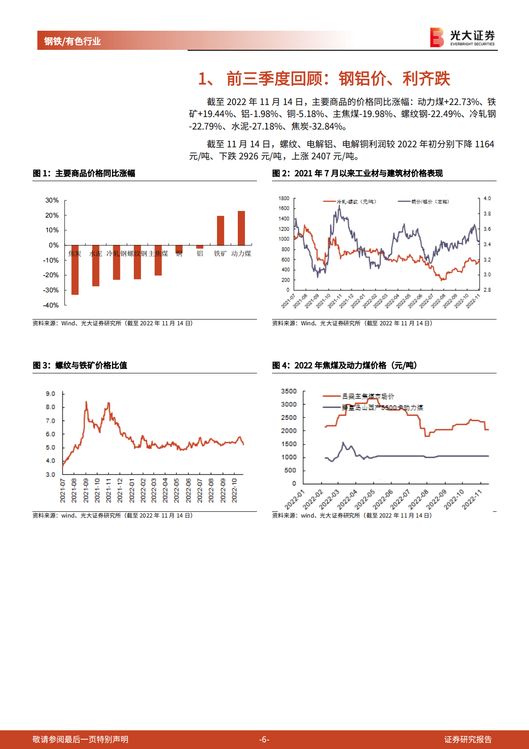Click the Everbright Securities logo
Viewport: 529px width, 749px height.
point(462,37)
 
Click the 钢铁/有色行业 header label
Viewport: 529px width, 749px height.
point(72,41)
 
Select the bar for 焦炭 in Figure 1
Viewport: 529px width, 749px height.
point(75,270)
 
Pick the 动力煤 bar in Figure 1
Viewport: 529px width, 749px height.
point(241,228)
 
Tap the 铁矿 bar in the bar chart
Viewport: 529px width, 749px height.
point(220,231)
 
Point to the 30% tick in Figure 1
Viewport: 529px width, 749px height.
point(52,200)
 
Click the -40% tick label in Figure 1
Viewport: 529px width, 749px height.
point(51,305)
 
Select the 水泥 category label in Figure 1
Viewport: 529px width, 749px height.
point(96,254)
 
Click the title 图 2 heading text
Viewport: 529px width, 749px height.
point(357,173)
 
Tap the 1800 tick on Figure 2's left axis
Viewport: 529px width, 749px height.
point(284,198)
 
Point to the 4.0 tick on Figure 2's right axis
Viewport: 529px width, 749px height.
point(487,198)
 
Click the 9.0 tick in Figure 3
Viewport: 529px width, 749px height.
point(50,394)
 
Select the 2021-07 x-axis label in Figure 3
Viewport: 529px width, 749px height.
point(63,490)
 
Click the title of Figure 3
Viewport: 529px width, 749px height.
point(80,365)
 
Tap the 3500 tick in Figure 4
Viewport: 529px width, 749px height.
point(289,391)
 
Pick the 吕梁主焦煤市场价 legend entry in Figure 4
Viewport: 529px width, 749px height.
point(367,396)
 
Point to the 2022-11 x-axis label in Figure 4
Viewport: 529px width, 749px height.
point(472,499)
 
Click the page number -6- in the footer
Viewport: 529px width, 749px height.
point(264,740)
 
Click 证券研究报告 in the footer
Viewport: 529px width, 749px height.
point(468,740)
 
